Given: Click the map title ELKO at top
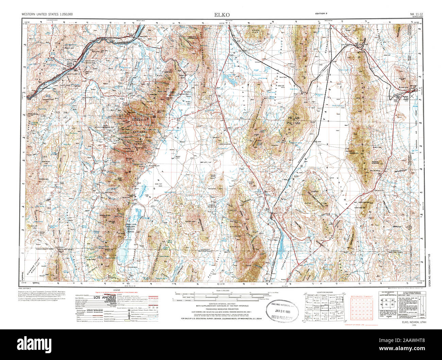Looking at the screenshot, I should pos(222,15).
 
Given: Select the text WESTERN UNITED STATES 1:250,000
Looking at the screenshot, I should pos(47,14).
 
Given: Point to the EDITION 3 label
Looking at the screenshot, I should pos(321,13).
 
